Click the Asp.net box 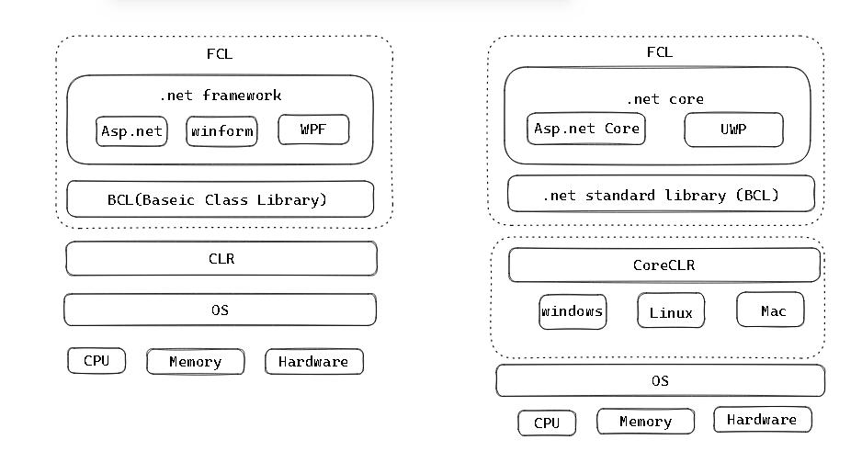[x=130, y=131]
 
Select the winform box [x=221, y=131]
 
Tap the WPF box [x=313, y=130]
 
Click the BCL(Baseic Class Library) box [x=220, y=199]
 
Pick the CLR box [x=221, y=259]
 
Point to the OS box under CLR [x=220, y=310]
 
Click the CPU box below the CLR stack [x=96, y=361]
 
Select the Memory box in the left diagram [x=196, y=362]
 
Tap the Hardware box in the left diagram [x=313, y=362]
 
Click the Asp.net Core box [x=585, y=129]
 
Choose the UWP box [x=733, y=130]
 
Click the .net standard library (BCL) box [x=661, y=195]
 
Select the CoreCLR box [x=664, y=265]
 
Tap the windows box [x=573, y=311]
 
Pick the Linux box [x=671, y=312]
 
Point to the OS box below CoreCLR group [x=660, y=380]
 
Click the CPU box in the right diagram [x=547, y=423]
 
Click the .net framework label [x=220, y=95]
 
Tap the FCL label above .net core [x=659, y=52]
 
